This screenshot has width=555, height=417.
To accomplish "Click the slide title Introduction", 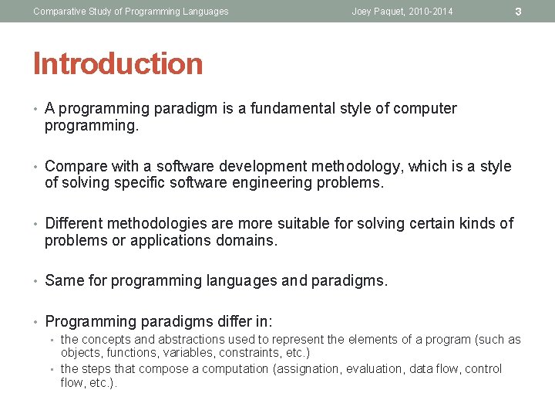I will pos(118,64).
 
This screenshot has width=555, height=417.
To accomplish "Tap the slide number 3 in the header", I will pos(518,12).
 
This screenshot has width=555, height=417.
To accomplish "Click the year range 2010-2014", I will pos(431,12).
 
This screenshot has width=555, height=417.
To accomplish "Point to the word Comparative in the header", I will pos(59,12).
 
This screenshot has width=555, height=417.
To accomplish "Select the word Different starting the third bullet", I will pos(74,224).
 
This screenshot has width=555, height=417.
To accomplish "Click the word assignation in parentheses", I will pos(308,369).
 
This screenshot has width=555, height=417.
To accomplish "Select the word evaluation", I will pos(373,369).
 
